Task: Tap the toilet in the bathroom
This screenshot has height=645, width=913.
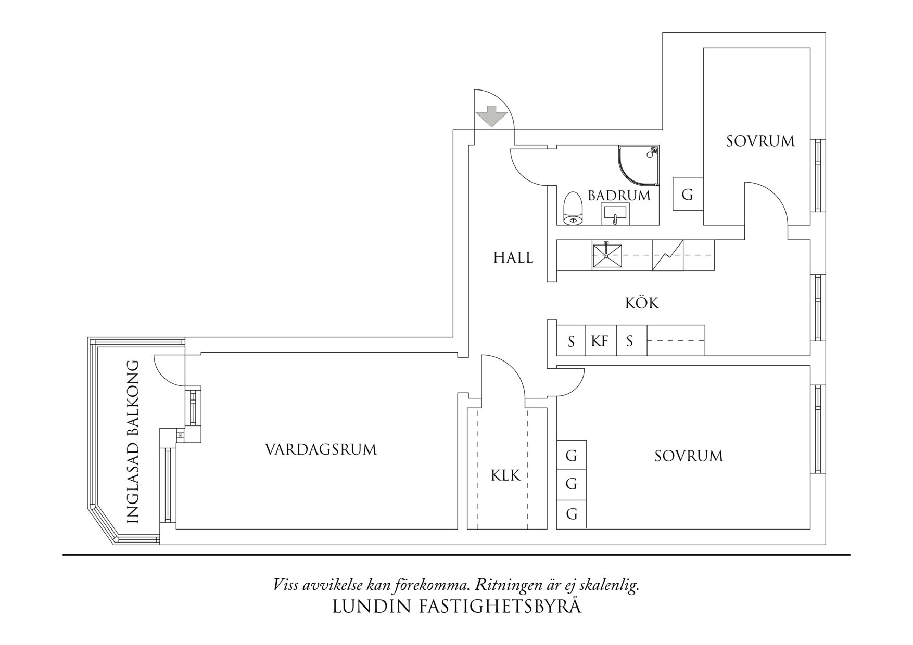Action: tap(573, 209)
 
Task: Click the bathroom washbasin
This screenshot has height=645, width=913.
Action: tap(615, 213)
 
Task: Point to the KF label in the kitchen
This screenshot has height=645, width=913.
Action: tap(600, 341)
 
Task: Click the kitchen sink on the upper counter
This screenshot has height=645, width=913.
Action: tap(607, 255)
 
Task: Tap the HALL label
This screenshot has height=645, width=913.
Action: tap(513, 257)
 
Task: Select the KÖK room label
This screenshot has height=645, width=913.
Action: tap(642, 303)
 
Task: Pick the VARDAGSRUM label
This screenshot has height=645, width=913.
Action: tap(321, 449)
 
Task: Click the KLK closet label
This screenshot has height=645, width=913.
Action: tap(505, 475)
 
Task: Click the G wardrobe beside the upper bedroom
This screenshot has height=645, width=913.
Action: tap(687, 195)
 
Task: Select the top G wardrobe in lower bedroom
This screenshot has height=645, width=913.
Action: tap(572, 456)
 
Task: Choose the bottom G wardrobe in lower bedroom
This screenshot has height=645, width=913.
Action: tap(572, 514)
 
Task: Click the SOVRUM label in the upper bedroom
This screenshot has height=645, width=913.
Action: tap(760, 141)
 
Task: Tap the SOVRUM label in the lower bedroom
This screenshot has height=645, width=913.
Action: tap(689, 456)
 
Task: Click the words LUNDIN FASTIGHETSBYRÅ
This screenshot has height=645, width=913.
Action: tap(456, 607)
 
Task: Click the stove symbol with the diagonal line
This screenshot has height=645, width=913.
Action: tap(667, 255)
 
